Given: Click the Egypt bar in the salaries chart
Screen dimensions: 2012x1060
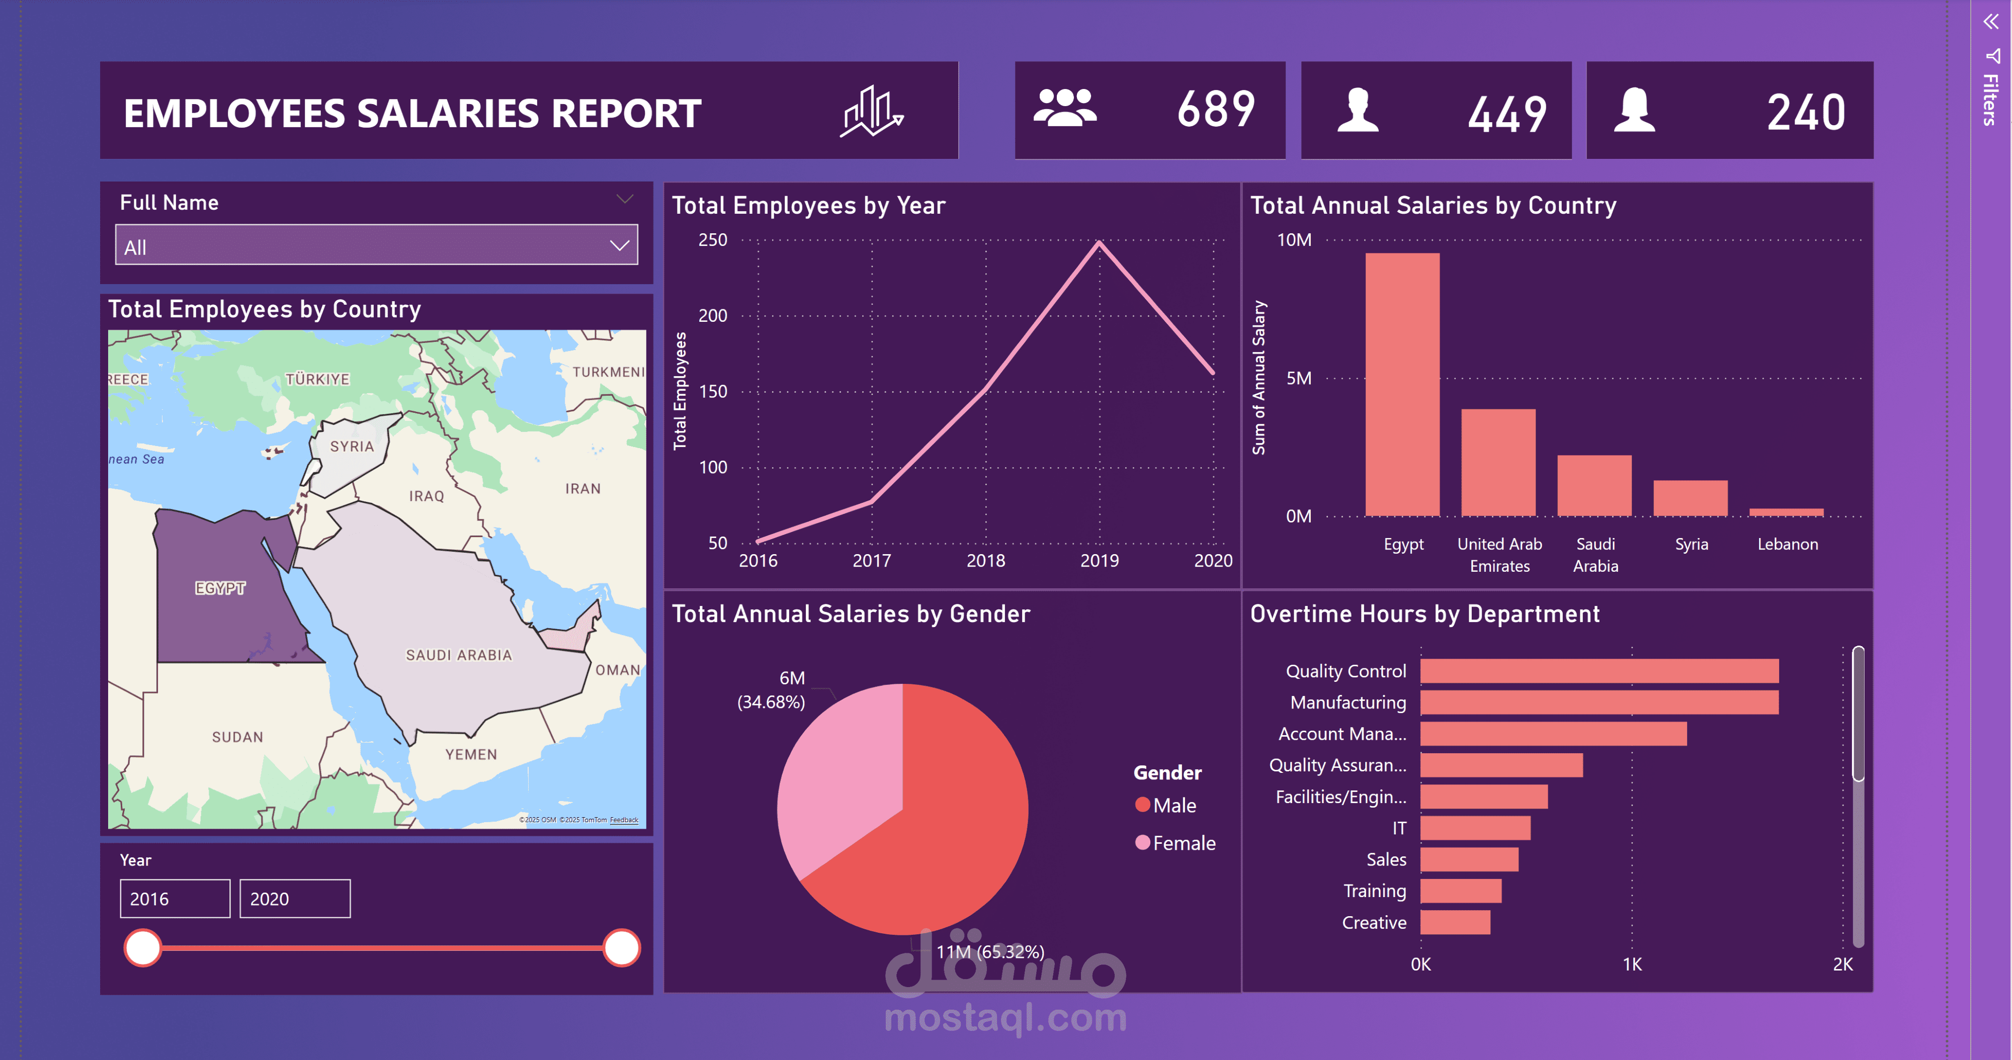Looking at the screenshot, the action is pyautogui.click(x=1402, y=384).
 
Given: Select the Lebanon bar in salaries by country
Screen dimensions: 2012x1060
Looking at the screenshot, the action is pyautogui.click(x=1786, y=512).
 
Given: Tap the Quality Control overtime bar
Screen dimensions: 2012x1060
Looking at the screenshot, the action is pyautogui.click(x=1599, y=670).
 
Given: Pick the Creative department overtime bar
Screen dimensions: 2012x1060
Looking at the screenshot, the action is pyautogui.click(x=1455, y=922).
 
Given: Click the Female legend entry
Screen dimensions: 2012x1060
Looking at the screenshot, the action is pyautogui.click(x=1176, y=843).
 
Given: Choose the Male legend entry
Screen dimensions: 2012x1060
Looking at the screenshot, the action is pyautogui.click(x=1165, y=805).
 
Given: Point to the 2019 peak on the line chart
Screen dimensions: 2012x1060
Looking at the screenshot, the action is pyautogui.click(x=1099, y=243).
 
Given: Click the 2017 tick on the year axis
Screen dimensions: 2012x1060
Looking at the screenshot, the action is pyautogui.click(x=872, y=561).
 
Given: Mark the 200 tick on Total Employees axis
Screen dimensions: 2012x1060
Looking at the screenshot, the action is pyautogui.click(x=712, y=315).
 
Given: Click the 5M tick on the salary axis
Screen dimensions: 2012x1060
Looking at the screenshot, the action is pyautogui.click(x=1299, y=379).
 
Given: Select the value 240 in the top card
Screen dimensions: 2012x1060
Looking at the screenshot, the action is pyautogui.click(x=1806, y=113).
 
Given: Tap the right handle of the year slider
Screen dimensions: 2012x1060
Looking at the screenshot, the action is pyautogui.click(x=622, y=947).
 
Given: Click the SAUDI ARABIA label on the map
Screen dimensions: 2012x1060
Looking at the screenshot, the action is pyautogui.click(x=458, y=655).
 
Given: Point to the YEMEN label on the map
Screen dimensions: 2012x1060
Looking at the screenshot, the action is pyautogui.click(x=471, y=754).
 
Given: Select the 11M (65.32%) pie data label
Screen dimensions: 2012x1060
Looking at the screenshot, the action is pyautogui.click(x=989, y=951).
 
